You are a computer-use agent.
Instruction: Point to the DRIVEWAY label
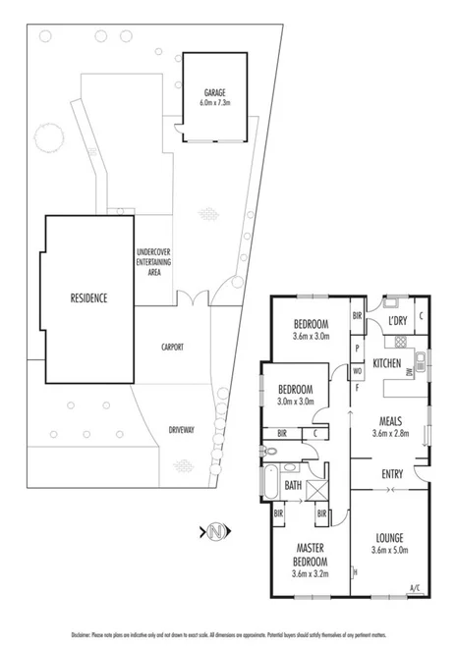(181, 429)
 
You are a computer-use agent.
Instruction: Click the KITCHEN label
(386, 364)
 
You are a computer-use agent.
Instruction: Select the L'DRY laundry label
(397, 321)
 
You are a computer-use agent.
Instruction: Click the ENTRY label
(392, 475)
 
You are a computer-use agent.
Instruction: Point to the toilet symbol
(275, 453)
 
